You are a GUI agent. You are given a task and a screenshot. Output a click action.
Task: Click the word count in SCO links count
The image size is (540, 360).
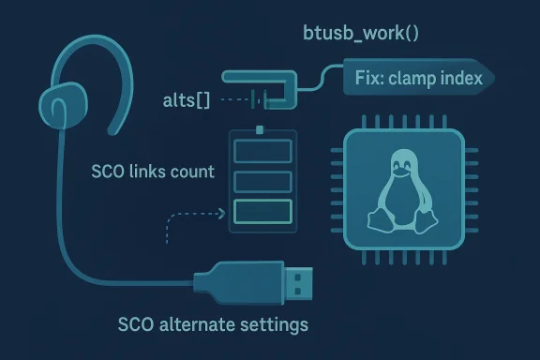pos(191,172)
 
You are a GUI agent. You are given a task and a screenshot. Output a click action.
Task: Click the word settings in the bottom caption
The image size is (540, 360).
pos(275,326)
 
